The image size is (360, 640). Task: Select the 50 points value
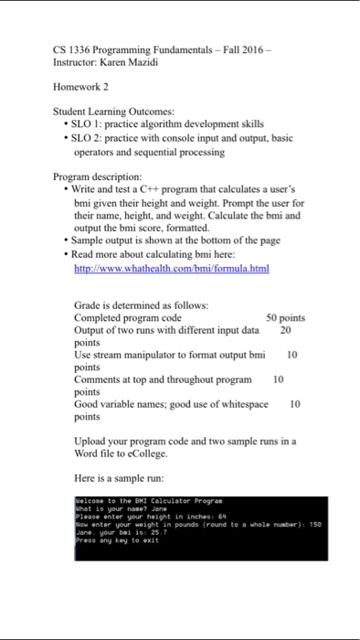[285, 318]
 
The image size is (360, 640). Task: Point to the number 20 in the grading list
[285, 330]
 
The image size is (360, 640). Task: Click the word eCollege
[183, 452]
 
